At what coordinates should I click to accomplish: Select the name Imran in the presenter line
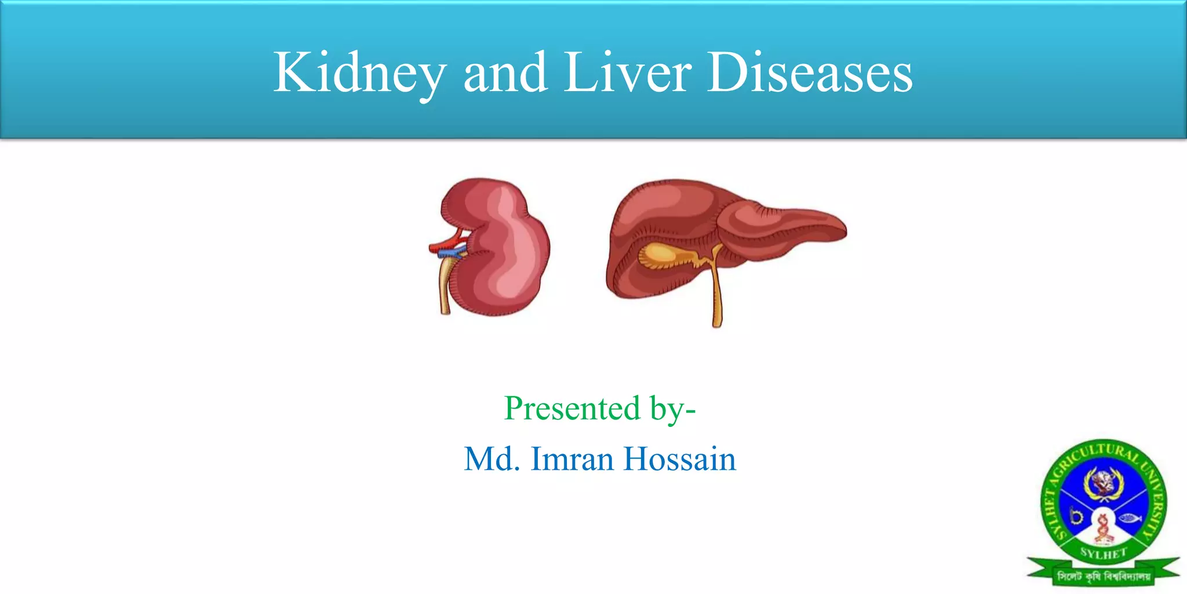pyautogui.click(x=572, y=459)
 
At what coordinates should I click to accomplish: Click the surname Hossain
pyautogui.click(x=679, y=459)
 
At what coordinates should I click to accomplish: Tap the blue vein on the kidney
pyautogui.click(x=449, y=253)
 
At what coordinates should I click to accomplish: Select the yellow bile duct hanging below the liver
pyautogui.click(x=717, y=296)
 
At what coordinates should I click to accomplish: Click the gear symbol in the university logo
pyautogui.click(x=1076, y=516)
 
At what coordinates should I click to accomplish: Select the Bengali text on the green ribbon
pyautogui.click(x=1104, y=577)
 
